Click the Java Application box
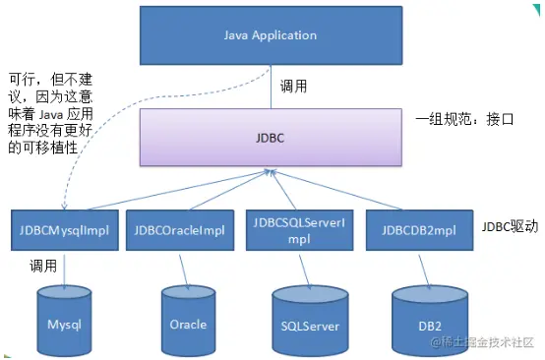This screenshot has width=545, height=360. tap(272, 36)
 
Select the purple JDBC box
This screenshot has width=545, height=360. tap(271, 138)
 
